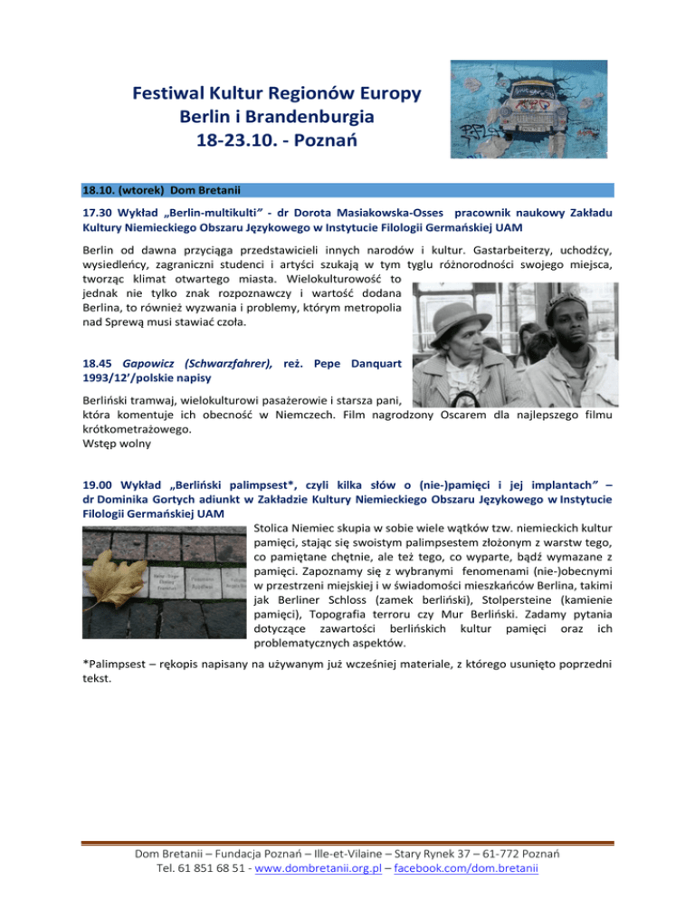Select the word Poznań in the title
pos(341,142)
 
